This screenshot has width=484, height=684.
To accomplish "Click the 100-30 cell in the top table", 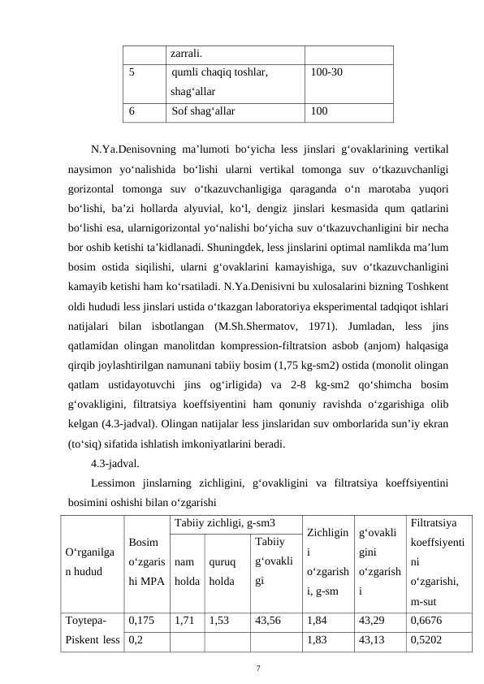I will tap(330, 71).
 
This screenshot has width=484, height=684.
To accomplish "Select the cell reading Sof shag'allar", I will tap(204, 111).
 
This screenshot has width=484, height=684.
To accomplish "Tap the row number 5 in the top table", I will tap(132, 71).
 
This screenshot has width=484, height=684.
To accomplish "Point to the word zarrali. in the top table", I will tap(187, 53).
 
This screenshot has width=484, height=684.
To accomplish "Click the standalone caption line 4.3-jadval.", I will tap(115, 465).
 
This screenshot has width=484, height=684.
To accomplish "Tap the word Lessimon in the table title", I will tap(115, 485).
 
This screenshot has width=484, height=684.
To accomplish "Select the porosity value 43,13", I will tap(373, 639).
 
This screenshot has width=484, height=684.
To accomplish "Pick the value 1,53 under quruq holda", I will tap(219, 619).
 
